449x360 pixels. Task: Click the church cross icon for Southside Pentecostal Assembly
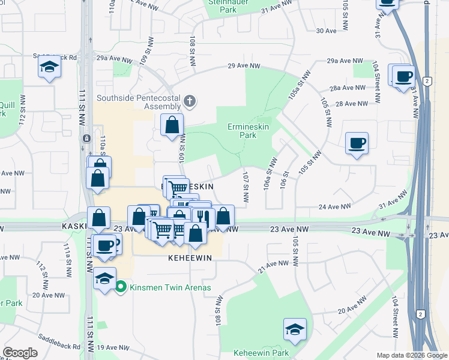click(x=190, y=101)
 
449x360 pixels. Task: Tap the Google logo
click(x=20, y=353)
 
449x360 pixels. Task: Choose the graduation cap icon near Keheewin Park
click(x=294, y=329)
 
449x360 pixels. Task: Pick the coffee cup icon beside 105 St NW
click(x=357, y=143)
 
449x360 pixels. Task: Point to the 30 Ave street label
click(x=326, y=31)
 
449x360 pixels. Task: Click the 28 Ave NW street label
click(x=351, y=104)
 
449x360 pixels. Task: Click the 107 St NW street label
click(x=246, y=187)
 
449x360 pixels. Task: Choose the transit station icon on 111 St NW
click(x=86, y=138)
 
